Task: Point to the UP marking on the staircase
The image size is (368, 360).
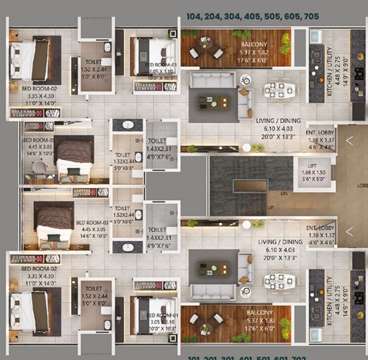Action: pos(270,207)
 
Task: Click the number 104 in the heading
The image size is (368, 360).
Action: pos(195,16)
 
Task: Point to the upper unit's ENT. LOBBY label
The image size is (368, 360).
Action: pos(320,133)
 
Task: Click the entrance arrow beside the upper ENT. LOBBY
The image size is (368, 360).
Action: pos(349,140)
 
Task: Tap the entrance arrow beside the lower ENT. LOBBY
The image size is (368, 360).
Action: pos(349,231)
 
